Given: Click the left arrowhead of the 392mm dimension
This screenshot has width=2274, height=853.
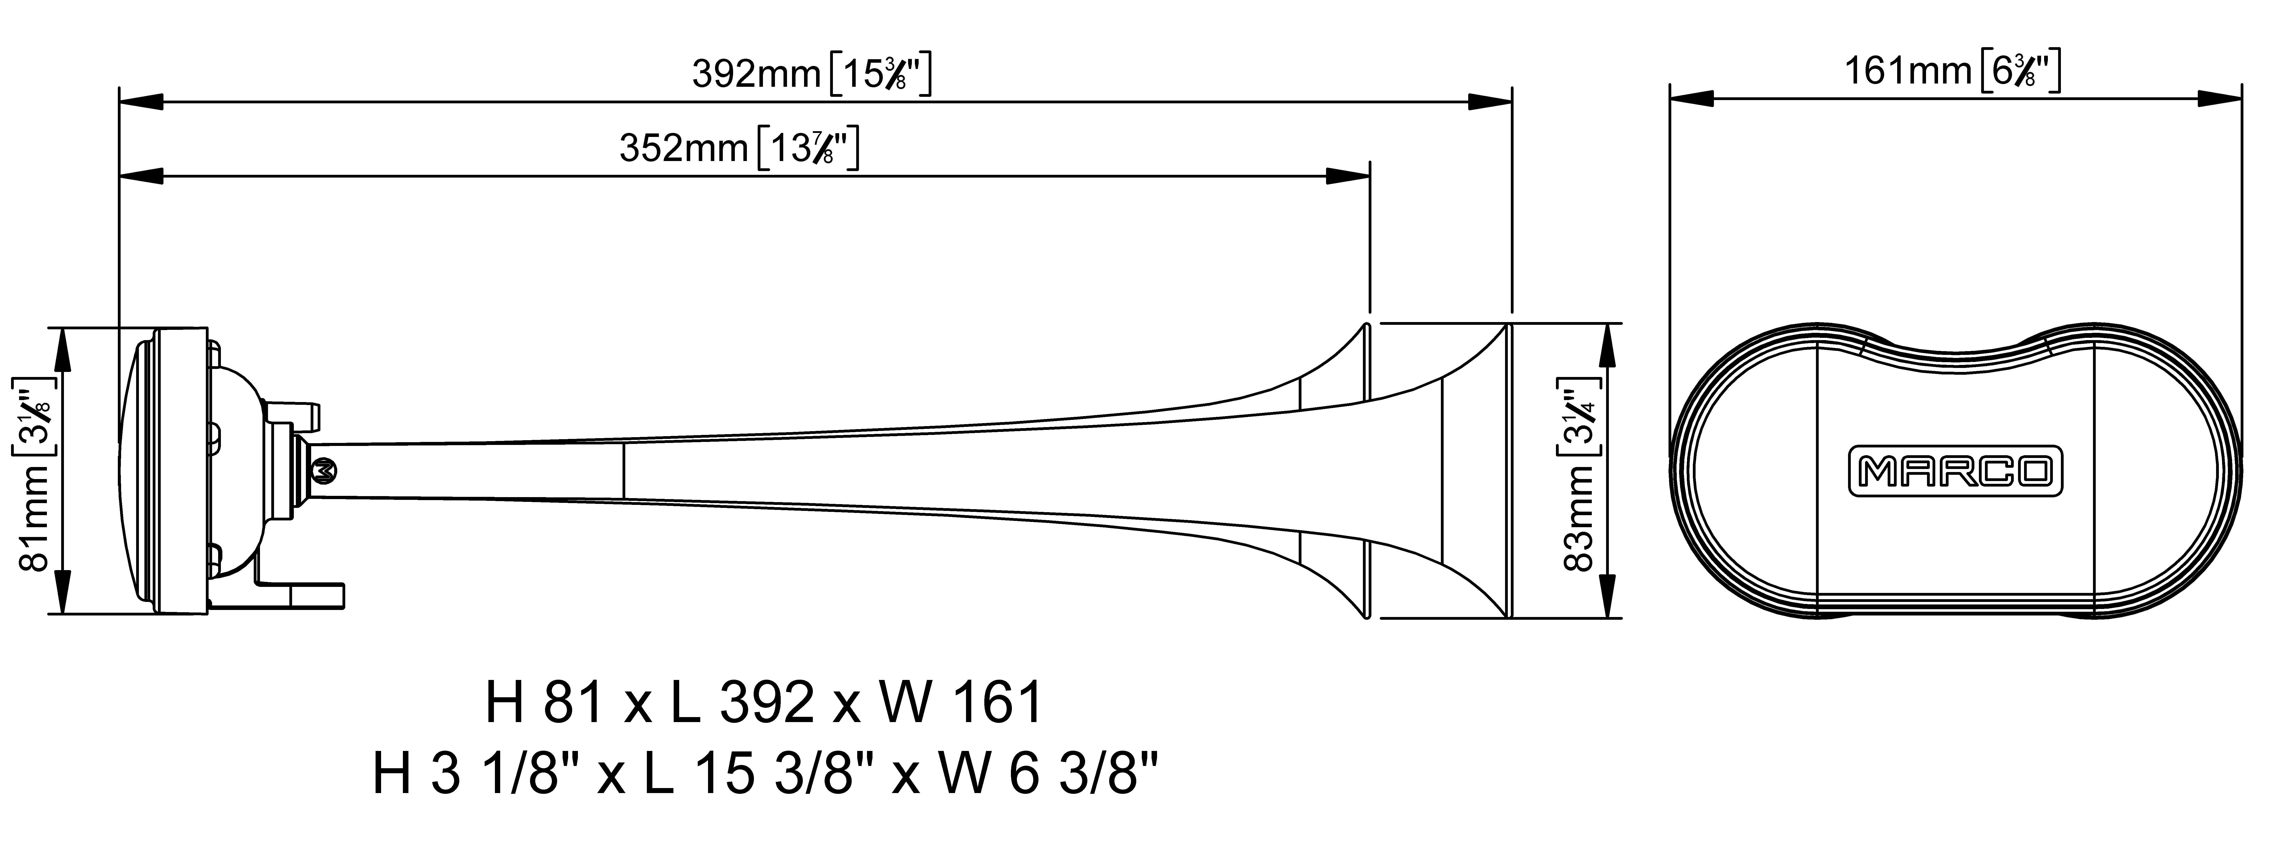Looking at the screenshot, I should [141, 102].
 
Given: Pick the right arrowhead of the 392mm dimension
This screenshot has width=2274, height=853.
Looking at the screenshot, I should [1490, 102].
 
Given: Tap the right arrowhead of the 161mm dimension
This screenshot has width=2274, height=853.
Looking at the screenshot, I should [2220, 98].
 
